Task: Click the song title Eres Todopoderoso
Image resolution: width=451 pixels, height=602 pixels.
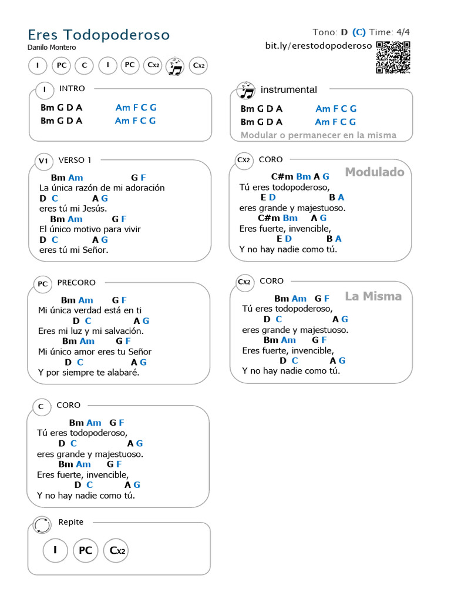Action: click(99, 35)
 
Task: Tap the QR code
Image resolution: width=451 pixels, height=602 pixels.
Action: click(393, 57)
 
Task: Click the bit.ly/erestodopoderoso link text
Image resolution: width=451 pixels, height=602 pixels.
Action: click(318, 46)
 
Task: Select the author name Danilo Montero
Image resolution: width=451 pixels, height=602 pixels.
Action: click(52, 47)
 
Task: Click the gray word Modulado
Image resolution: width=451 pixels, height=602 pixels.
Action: click(375, 172)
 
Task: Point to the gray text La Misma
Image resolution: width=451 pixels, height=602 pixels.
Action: click(373, 296)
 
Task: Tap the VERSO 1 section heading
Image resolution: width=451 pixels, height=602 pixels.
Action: click(75, 160)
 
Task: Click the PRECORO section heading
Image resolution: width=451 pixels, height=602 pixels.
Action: click(76, 283)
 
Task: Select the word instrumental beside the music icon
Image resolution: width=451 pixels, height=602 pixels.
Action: click(288, 90)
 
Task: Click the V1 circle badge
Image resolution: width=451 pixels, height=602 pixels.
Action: click(43, 161)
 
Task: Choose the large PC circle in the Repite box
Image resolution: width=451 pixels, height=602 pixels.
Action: click(86, 551)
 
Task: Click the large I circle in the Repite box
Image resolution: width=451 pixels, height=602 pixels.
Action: click(55, 550)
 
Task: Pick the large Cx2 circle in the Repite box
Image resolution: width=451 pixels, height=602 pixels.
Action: click(116, 551)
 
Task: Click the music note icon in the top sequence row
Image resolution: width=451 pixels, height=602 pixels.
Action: click(175, 66)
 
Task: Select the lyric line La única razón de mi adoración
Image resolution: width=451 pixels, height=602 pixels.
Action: click(102, 188)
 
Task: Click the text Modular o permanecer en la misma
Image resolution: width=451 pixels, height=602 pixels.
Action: click(318, 135)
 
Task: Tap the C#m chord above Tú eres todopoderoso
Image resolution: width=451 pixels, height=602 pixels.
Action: click(282, 176)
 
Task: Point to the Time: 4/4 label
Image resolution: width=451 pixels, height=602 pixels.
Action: click(390, 32)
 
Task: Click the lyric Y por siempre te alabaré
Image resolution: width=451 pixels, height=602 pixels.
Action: click(89, 372)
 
